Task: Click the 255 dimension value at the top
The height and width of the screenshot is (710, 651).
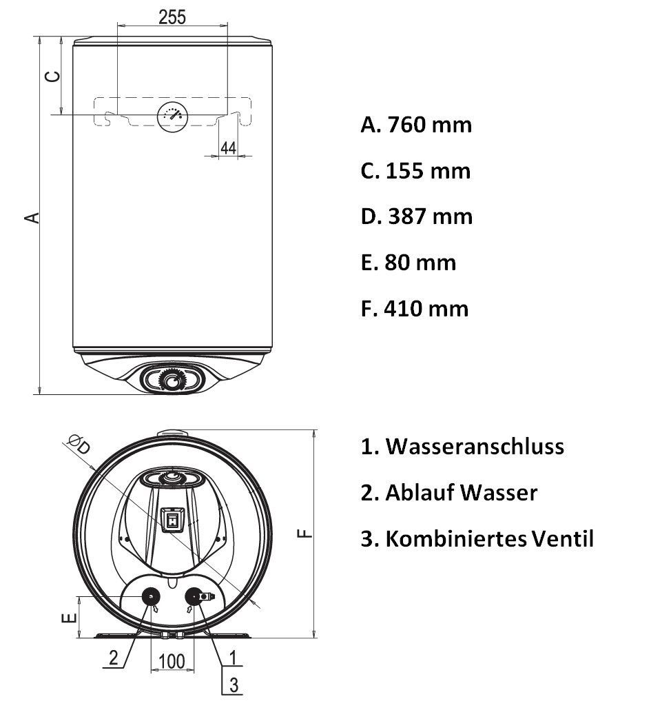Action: pyautogui.click(x=172, y=17)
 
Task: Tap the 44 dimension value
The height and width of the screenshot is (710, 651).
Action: pyautogui.click(x=228, y=148)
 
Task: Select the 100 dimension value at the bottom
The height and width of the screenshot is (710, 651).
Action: pyautogui.click(x=172, y=662)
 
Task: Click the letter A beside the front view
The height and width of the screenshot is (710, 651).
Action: pyautogui.click(x=32, y=218)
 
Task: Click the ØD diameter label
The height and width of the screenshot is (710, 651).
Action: pyautogui.click(x=79, y=444)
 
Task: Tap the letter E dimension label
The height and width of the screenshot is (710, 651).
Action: pyautogui.click(x=68, y=618)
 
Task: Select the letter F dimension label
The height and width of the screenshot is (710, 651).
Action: pyautogui.click(x=305, y=534)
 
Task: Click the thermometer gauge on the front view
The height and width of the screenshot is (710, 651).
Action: pyautogui.click(x=172, y=116)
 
